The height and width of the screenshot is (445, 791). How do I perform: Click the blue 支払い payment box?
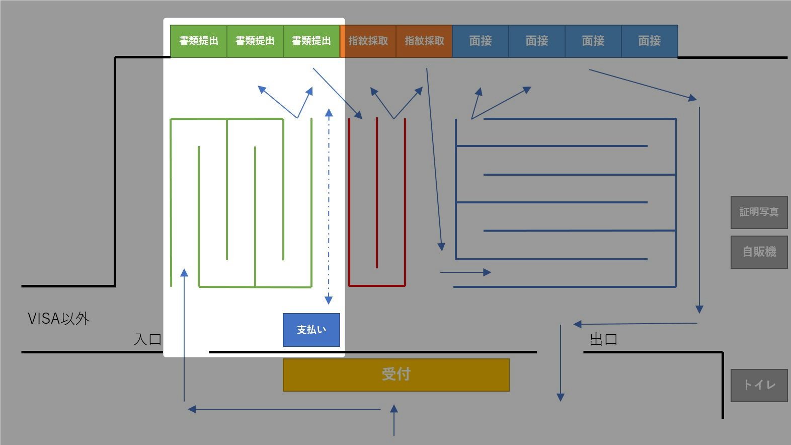pyautogui.click(x=311, y=330)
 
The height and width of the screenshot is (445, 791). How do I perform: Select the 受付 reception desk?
pyautogui.click(x=396, y=375)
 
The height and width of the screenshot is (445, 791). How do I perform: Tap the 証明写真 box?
pyautogui.click(x=759, y=212)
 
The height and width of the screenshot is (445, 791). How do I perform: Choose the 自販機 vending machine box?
pyautogui.click(x=759, y=252)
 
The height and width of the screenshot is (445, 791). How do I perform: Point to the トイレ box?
pyautogui.click(x=759, y=385)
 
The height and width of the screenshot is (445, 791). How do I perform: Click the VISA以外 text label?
pyautogui.click(x=58, y=319)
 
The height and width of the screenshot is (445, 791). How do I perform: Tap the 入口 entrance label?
pyautogui.click(x=147, y=339)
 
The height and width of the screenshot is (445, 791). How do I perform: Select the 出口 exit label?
pyautogui.click(x=603, y=340)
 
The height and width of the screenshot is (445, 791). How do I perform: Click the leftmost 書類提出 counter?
pyautogui.click(x=199, y=41)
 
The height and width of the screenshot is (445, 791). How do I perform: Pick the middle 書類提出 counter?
pyautogui.click(x=255, y=41)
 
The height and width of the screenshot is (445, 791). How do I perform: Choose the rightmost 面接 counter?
pyautogui.click(x=649, y=41)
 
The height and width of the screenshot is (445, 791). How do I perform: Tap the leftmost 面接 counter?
pyautogui.click(x=481, y=41)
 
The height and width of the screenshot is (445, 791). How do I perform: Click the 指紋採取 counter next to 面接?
pyautogui.click(x=424, y=41)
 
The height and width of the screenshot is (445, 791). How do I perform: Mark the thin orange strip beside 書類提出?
pyautogui.click(x=342, y=41)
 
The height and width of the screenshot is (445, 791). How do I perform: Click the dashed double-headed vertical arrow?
pyautogui.click(x=329, y=206)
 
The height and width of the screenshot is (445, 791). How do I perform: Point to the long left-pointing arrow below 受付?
pyautogui.click(x=284, y=409)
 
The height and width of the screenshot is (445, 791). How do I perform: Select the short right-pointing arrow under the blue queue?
pyautogui.click(x=465, y=272)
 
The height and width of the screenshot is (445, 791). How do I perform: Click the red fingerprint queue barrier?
pyautogui.click(x=377, y=285)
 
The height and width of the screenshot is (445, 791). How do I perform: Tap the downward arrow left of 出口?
pyautogui.click(x=560, y=362)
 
